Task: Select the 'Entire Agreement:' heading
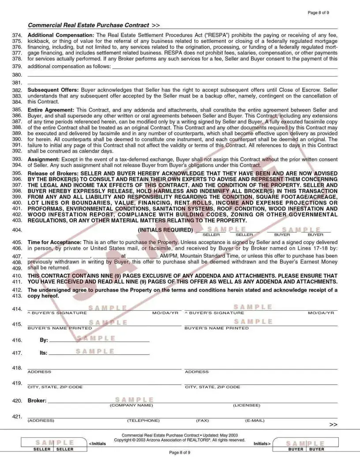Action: [x=51, y=109]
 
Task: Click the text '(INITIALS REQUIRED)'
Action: [x=165, y=230]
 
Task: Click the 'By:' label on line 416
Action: [x=44, y=340]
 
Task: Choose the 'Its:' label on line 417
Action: [x=43, y=353]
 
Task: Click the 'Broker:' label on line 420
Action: [x=37, y=401]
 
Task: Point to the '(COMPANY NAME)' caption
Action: [x=131, y=405]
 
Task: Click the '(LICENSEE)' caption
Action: [x=246, y=405]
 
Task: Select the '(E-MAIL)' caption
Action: [x=255, y=421]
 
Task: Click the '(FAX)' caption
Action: [x=202, y=421]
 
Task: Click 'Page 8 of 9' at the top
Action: [x=318, y=13]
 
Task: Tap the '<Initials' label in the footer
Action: [x=97, y=443]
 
